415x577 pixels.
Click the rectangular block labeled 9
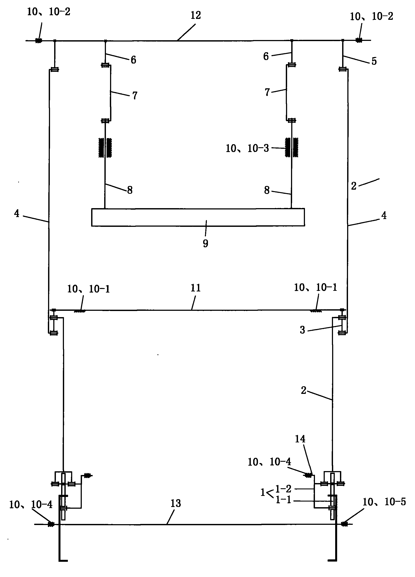pyautogui.click(x=198, y=217)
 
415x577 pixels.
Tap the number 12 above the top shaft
pyautogui.click(x=196, y=15)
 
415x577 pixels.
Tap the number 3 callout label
pyautogui.click(x=302, y=330)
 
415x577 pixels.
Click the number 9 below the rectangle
pyautogui.click(x=206, y=243)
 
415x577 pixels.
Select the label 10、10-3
pyautogui.click(x=247, y=148)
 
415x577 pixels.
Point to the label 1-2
pyautogui.click(x=283, y=488)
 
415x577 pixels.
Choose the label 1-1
pyautogui.click(x=283, y=500)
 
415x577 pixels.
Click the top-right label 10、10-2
pyautogui.click(x=371, y=16)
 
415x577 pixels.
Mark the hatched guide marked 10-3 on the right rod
pyautogui.click(x=292, y=147)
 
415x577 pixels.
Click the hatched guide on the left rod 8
pyautogui.click(x=105, y=147)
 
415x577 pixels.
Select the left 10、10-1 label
pyautogui.click(x=89, y=289)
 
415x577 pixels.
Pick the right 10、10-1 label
pyautogui.click(x=316, y=288)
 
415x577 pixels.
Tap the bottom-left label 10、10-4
pyautogui.click(x=31, y=505)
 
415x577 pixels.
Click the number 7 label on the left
pyautogui.click(x=135, y=96)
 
